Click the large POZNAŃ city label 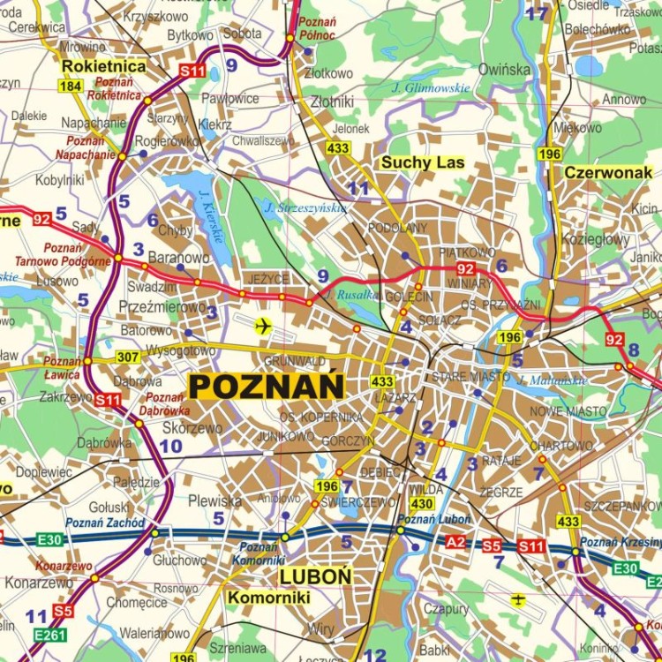(266, 386)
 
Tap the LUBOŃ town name (316, 576)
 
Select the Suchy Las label (422, 163)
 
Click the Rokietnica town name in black (103, 65)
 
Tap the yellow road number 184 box (71, 86)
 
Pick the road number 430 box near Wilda (422, 503)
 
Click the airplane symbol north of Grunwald (261, 327)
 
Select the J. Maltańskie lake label (553, 380)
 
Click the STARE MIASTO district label (470, 377)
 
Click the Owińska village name (504, 68)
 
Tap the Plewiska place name (214, 500)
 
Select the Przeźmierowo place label (161, 306)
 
